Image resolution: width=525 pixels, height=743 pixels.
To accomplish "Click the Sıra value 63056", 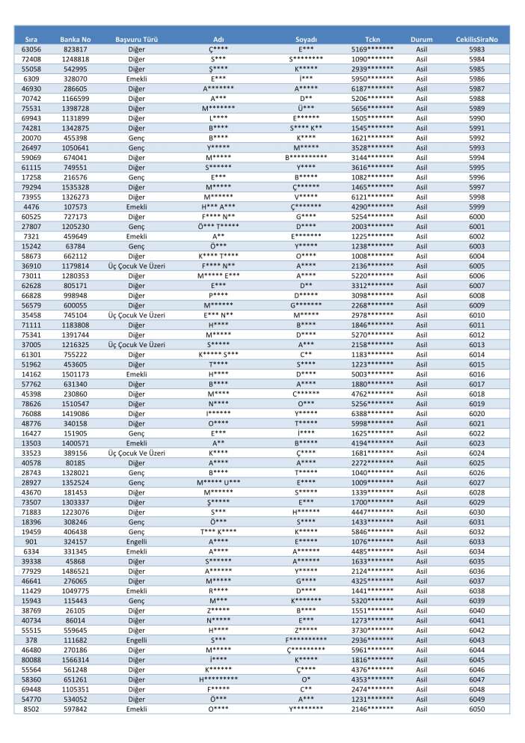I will (x=31, y=49).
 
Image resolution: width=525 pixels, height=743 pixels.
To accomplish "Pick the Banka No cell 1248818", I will (x=75, y=58).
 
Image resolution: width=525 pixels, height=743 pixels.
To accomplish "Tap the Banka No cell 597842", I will (x=75, y=709).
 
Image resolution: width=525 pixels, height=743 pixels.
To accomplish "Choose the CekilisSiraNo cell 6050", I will (x=476, y=709).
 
